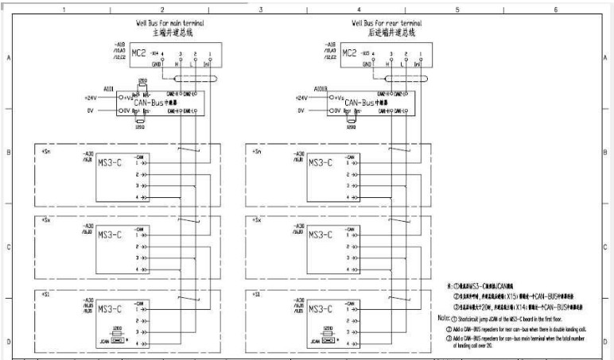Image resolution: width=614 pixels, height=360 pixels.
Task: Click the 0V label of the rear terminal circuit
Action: click(x=301, y=110)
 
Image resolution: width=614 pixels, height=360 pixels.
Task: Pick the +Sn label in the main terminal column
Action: click(x=45, y=150)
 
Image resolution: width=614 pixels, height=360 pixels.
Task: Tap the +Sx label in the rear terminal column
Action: click(x=256, y=219)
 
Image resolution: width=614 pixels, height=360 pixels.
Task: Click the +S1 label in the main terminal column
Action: click(x=45, y=294)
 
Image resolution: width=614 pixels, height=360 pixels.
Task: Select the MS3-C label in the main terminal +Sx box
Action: click(x=109, y=234)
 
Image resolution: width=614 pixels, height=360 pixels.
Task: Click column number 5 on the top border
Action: click(x=457, y=9)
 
